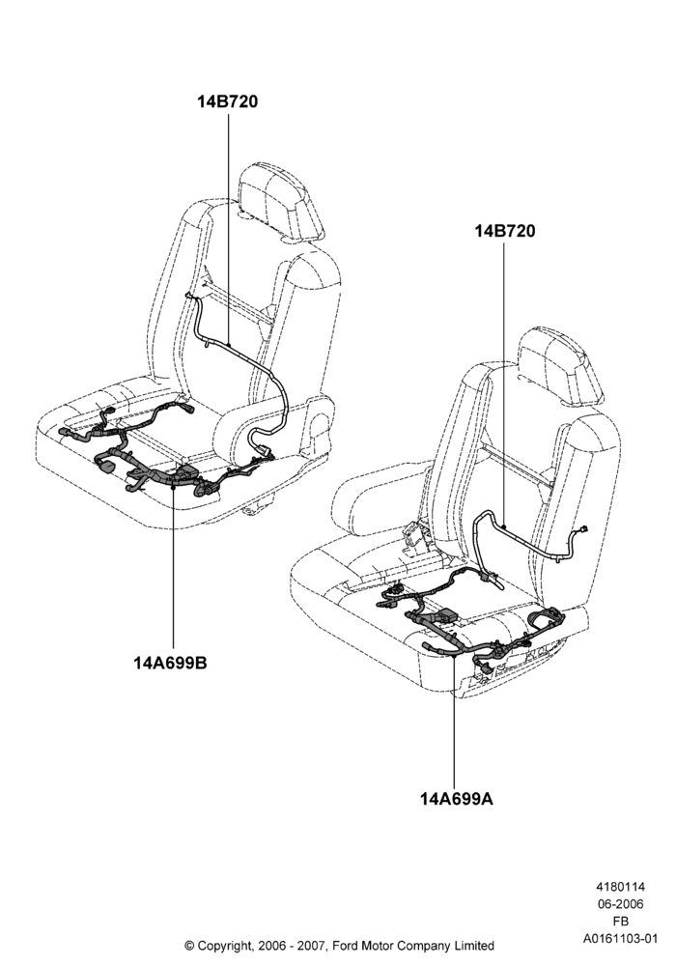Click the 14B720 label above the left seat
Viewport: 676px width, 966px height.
pos(227,101)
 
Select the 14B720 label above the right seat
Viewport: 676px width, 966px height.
pos(504,231)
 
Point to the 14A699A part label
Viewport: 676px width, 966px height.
pos(456,799)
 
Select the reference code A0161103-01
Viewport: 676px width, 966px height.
pos(620,939)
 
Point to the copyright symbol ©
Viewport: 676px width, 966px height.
pos(189,945)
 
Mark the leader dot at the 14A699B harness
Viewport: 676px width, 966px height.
pos(173,486)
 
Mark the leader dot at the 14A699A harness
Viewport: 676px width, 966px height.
pos(454,657)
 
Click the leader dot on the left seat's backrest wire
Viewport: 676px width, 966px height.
pos(228,344)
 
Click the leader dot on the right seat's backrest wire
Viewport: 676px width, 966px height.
pos(504,526)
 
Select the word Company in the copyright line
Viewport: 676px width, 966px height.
pos(423,946)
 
